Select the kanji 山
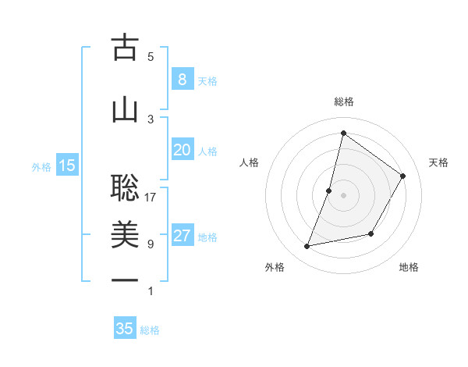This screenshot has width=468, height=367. pos(125,109)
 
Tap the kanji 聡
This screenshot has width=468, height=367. pos(125,187)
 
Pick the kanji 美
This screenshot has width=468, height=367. pos(125,234)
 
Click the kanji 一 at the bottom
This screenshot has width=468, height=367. pos(125,280)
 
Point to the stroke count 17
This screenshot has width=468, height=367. pos(151,198)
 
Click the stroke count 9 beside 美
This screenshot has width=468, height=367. pos(151,244)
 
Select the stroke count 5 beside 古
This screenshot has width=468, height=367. pos(151,57)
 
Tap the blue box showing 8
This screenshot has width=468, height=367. pos(182,79)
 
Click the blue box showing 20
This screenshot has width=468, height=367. pos(182,150)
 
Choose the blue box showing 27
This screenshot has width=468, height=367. pos(182,236)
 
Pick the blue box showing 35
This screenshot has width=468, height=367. pos(125,329)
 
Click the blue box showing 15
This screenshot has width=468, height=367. pos(67,165)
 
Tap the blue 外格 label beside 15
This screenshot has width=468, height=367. pos(41,166)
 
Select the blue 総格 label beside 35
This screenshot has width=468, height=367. pos(150,330)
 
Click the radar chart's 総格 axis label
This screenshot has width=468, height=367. pos(344,102)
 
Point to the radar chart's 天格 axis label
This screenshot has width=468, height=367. pos(439,162)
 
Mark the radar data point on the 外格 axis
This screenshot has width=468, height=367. pos(307,247)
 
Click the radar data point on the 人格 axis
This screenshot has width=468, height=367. pos(329,191)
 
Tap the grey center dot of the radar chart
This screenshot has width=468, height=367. pos(344,195)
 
